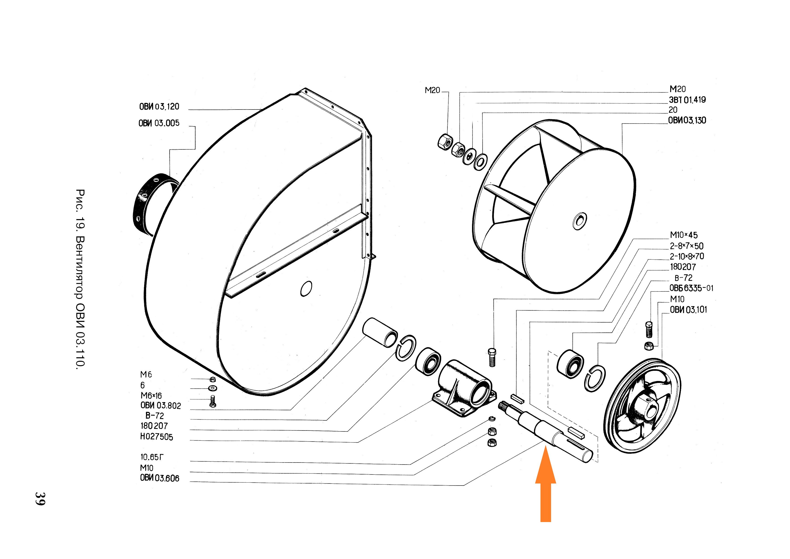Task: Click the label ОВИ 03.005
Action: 159,123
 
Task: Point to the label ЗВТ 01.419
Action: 687,100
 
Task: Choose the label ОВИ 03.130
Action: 687,120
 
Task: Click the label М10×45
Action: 684,235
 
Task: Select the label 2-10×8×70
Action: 687,256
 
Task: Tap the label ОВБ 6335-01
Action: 691,288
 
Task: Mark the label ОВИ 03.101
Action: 688,310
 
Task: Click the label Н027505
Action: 157,437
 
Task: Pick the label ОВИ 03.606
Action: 160,478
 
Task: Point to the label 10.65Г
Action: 152,457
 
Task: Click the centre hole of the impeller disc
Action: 579,220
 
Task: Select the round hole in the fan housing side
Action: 306,289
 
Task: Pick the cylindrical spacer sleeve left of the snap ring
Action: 380,332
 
